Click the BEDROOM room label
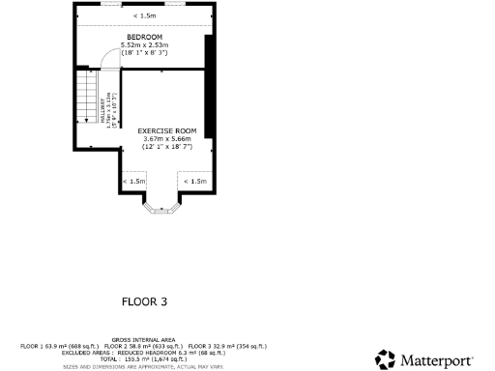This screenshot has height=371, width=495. click(x=144, y=37)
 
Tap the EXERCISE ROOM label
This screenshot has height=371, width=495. click(x=166, y=130)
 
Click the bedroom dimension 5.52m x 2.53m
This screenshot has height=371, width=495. click(x=144, y=44)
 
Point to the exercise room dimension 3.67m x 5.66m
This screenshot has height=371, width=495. click(x=166, y=139)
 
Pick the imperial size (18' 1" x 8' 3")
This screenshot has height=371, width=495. click(x=144, y=52)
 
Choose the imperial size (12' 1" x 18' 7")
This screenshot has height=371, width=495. click(x=166, y=147)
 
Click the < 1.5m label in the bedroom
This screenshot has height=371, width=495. click(x=144, y=16)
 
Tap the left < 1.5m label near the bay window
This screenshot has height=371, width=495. click(x=134, y=181)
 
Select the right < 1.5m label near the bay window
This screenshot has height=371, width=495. click(x=195, y=181)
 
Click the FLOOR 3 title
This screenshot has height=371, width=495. click(x=144, y=301)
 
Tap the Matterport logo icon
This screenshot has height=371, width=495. click(x=386, y=358)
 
